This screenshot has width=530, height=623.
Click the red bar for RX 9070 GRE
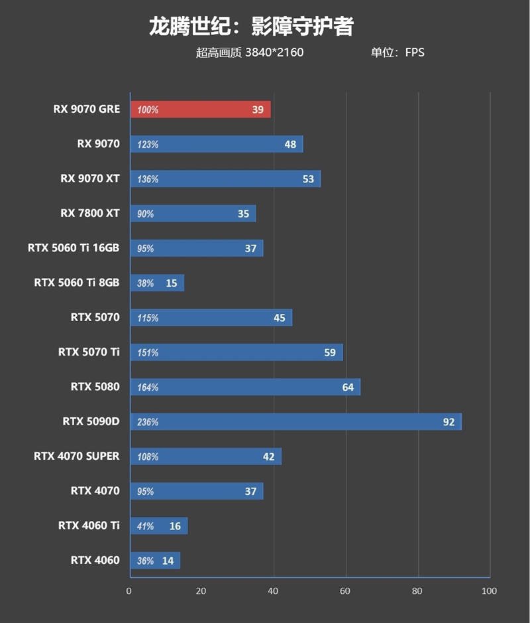tap(200, 109)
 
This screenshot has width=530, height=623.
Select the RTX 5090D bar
tap(295, 422)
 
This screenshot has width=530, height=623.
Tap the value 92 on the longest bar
tap(449, 422)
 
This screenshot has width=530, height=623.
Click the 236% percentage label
tap(148, 422)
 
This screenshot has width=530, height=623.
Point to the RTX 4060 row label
tap(95, 560)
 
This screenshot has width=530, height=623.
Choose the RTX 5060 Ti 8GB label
tap(76, 283)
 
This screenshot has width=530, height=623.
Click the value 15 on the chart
tap(171, 283)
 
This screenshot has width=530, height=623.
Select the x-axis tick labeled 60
tap(344, 590)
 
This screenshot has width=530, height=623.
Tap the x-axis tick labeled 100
tap(488, 590)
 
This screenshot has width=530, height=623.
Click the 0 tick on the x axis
tap(129, 590)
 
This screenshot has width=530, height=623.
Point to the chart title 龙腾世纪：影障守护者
tap(251, 27)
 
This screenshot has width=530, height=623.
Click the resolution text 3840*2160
tap(274, 52)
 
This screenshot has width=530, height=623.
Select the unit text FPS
tap(414, 52)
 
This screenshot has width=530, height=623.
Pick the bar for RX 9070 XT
tap(225, 179)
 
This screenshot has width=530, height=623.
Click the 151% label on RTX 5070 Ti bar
tap(148, 353)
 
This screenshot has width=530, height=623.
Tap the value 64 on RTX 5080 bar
tap(348, 387)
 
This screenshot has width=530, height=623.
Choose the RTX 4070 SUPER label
tap(76, 456)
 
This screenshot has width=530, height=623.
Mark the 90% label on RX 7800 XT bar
tap(146, 214)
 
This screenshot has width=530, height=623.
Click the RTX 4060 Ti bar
tap(159, 526)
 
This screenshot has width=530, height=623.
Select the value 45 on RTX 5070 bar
tap(279, 318)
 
